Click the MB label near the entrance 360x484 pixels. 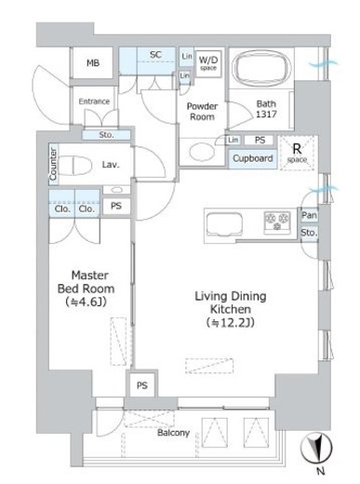click(93, 63)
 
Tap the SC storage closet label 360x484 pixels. click(155, 55)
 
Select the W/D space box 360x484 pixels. click(208, 63)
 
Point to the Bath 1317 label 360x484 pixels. click(266, 109)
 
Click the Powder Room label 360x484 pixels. click(202, 112)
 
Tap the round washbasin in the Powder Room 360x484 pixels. click(202, 152)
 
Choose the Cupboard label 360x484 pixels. click(253, 158)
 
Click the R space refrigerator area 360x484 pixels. click(297, 153)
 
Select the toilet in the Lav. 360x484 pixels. click(75, 166)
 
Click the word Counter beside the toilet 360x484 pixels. click(53, 164)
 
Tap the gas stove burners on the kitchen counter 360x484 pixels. click(277, 222)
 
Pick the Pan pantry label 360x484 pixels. click(309, 215)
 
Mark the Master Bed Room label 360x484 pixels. click(86, 282)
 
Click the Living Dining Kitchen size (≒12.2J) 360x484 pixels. click(231, 323)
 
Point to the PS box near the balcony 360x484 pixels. click(142, 385)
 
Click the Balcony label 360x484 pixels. click(173, 433)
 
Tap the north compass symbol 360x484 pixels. click(316, 448)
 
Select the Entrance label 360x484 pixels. click(94, 101)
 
